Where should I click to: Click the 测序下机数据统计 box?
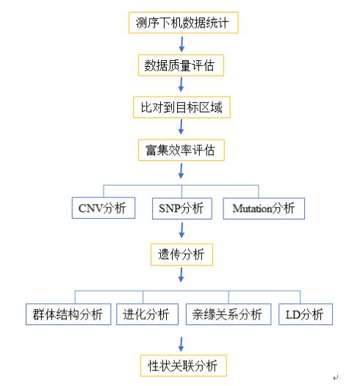184,23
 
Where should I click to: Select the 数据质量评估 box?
181,65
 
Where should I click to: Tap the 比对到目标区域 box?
181,107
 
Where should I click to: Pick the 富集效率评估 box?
181,150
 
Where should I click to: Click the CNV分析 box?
104,208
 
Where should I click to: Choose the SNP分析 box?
182,208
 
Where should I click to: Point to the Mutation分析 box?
264,208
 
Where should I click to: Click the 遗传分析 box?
181,255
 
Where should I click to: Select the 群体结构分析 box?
68,314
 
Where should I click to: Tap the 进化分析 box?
147,314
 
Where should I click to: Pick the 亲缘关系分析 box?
228,314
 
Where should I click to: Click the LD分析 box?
306,314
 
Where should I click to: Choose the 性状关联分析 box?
184,365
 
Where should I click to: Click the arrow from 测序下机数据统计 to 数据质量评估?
182,44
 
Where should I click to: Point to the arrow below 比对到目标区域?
181,127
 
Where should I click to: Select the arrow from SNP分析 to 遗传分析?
181,230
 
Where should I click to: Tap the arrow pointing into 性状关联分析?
181,344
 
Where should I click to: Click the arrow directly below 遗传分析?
181,274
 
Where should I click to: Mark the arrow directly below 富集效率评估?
181,171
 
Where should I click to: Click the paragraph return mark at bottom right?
335,377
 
